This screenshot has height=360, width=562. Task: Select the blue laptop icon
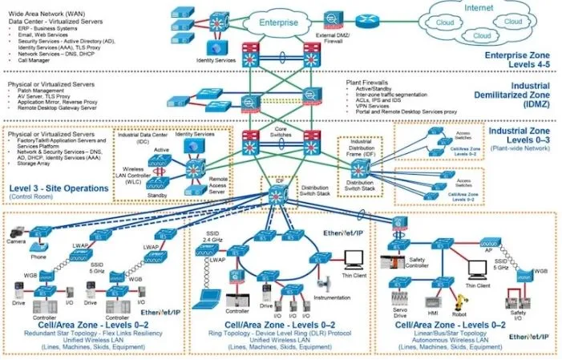point(209,296)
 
